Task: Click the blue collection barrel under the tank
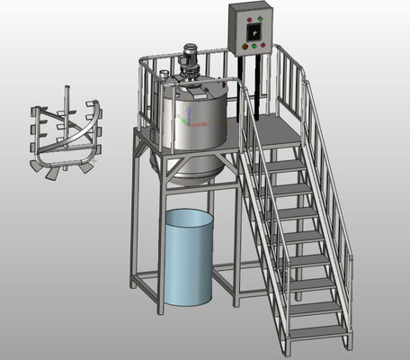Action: [190, 256]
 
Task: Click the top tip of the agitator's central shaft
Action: [67, 87]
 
